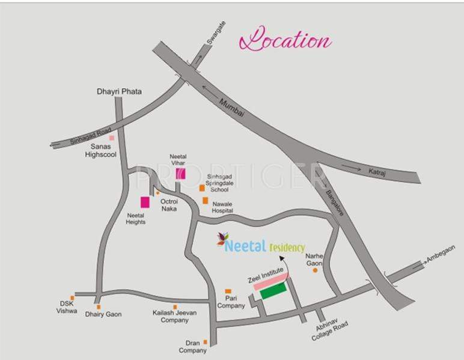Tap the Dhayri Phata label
pos(120,91)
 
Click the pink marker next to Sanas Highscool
pos(112,138)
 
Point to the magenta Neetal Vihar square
pos(180,174)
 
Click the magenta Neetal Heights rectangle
pos(145,203)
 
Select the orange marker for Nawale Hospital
pos(206,200)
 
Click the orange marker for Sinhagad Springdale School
pos(203,188)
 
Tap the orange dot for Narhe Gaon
pos(315,270)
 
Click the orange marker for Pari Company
pos(228,291)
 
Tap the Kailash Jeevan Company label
pos(175,317)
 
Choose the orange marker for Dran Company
pos(205,342)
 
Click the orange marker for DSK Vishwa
pos(72,297)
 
